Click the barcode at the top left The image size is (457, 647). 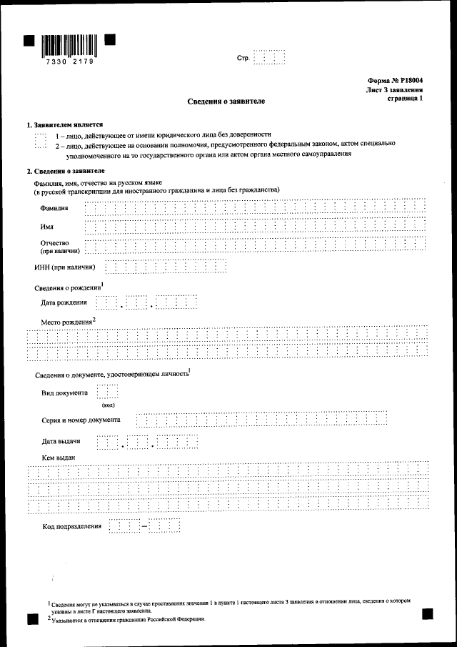(69, 44)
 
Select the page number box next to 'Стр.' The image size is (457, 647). (270, 57)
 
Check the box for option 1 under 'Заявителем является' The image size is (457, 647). (40, 134)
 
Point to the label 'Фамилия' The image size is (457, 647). (54, 208)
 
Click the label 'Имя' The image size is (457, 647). (47, 227)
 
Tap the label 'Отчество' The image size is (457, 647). (55, 243)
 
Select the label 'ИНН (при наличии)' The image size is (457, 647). (65, 267)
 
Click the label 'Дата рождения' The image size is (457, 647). (64, 302)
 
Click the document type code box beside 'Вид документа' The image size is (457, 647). (107, 393)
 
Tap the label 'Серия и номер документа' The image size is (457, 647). (81, 420)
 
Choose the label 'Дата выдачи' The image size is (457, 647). (60, 441)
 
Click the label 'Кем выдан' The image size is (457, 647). (59, 458)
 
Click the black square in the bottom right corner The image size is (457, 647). (428, 613)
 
